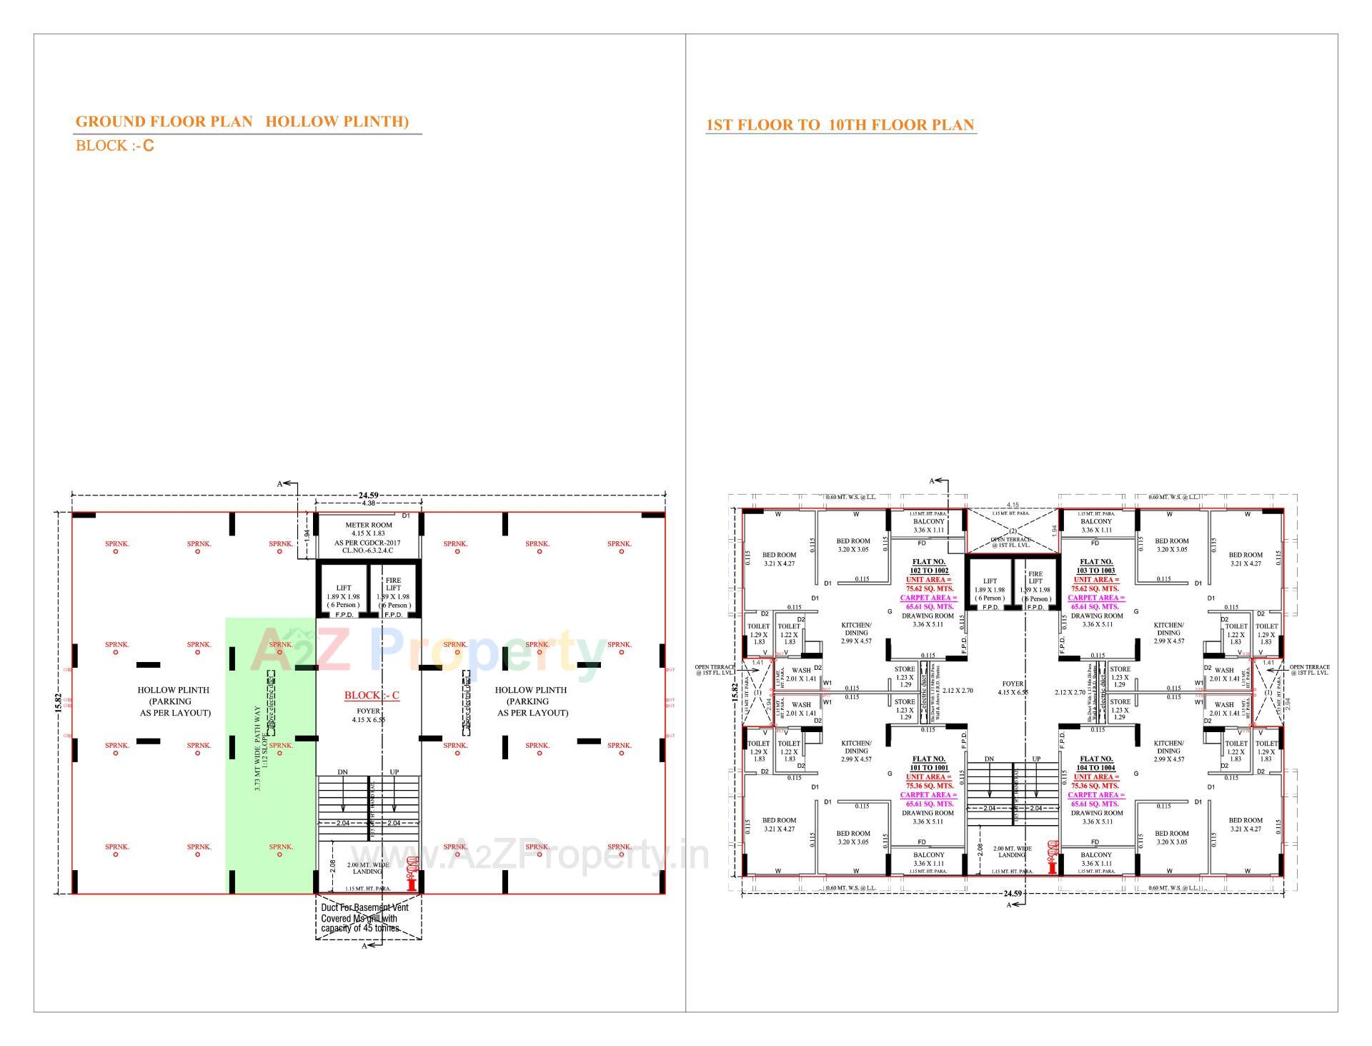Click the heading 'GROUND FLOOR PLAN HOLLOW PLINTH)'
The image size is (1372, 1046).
(x=242, y=122)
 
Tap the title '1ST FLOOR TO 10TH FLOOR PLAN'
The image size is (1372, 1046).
(x=840, y=125)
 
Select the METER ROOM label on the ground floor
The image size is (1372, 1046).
(x=368, y=525)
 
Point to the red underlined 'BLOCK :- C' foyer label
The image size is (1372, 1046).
(x=372, y=696)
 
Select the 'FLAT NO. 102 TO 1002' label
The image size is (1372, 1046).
(x=929, y=566)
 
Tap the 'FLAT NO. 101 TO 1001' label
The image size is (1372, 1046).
(x=929, y=763)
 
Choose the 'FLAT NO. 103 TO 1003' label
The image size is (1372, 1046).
(x=1096, y=566)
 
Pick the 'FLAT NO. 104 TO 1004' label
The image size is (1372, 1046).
(x=1096, y=763)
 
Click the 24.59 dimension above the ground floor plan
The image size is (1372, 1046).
(x=368, y=495)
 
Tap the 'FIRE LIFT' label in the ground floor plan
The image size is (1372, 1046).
(x=393, y=584)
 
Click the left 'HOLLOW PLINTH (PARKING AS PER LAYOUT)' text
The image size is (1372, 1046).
(x=174, y=701)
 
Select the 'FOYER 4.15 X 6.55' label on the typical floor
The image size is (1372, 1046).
(x=1013, y=688)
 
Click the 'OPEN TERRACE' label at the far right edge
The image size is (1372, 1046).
(x=1309, y=670)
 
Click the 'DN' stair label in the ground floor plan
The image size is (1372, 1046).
(x=342, y=772)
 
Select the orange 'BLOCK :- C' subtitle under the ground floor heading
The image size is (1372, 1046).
(x=114, y=146)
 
